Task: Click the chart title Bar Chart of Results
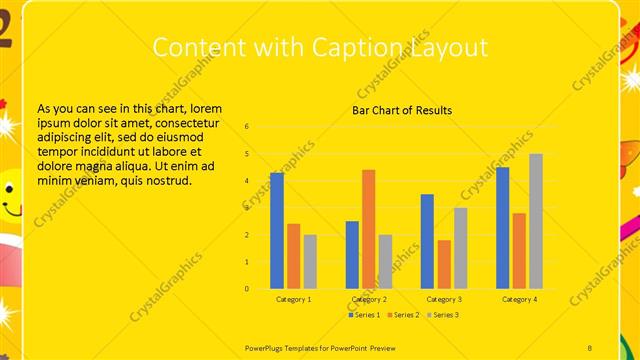(402, 110)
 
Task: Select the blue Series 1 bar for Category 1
(277, 230)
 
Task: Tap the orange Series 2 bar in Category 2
(368, 229)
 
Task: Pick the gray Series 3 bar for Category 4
(536, 221)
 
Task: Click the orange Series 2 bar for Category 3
(444, 264)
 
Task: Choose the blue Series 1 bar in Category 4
(502, 227)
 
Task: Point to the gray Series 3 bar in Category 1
(310, 261)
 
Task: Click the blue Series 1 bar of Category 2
(352, 254)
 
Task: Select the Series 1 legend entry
(364, 315)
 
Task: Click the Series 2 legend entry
(403, 315)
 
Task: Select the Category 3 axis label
(443, 299)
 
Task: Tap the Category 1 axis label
(293, 299)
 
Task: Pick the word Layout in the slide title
(453, 47)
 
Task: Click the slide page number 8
(590, 346)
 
